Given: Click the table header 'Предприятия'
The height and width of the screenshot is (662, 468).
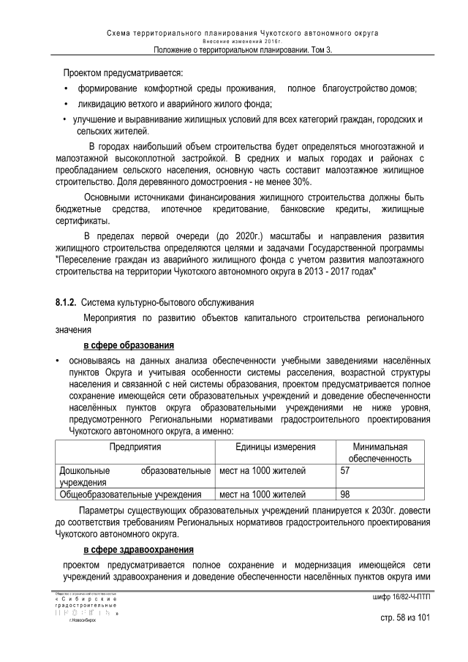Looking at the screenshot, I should coord(135,447).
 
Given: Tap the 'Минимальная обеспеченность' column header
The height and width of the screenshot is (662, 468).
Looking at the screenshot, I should coord(380,453).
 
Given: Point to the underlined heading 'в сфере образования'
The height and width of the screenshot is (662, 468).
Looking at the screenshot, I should coord(128,345).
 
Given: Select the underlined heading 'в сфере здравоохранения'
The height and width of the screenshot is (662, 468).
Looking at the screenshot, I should coord(138,549).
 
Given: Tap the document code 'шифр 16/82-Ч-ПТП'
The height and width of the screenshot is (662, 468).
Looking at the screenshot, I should coord(401,598).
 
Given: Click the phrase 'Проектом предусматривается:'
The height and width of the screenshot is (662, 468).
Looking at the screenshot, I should coord(123,74).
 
